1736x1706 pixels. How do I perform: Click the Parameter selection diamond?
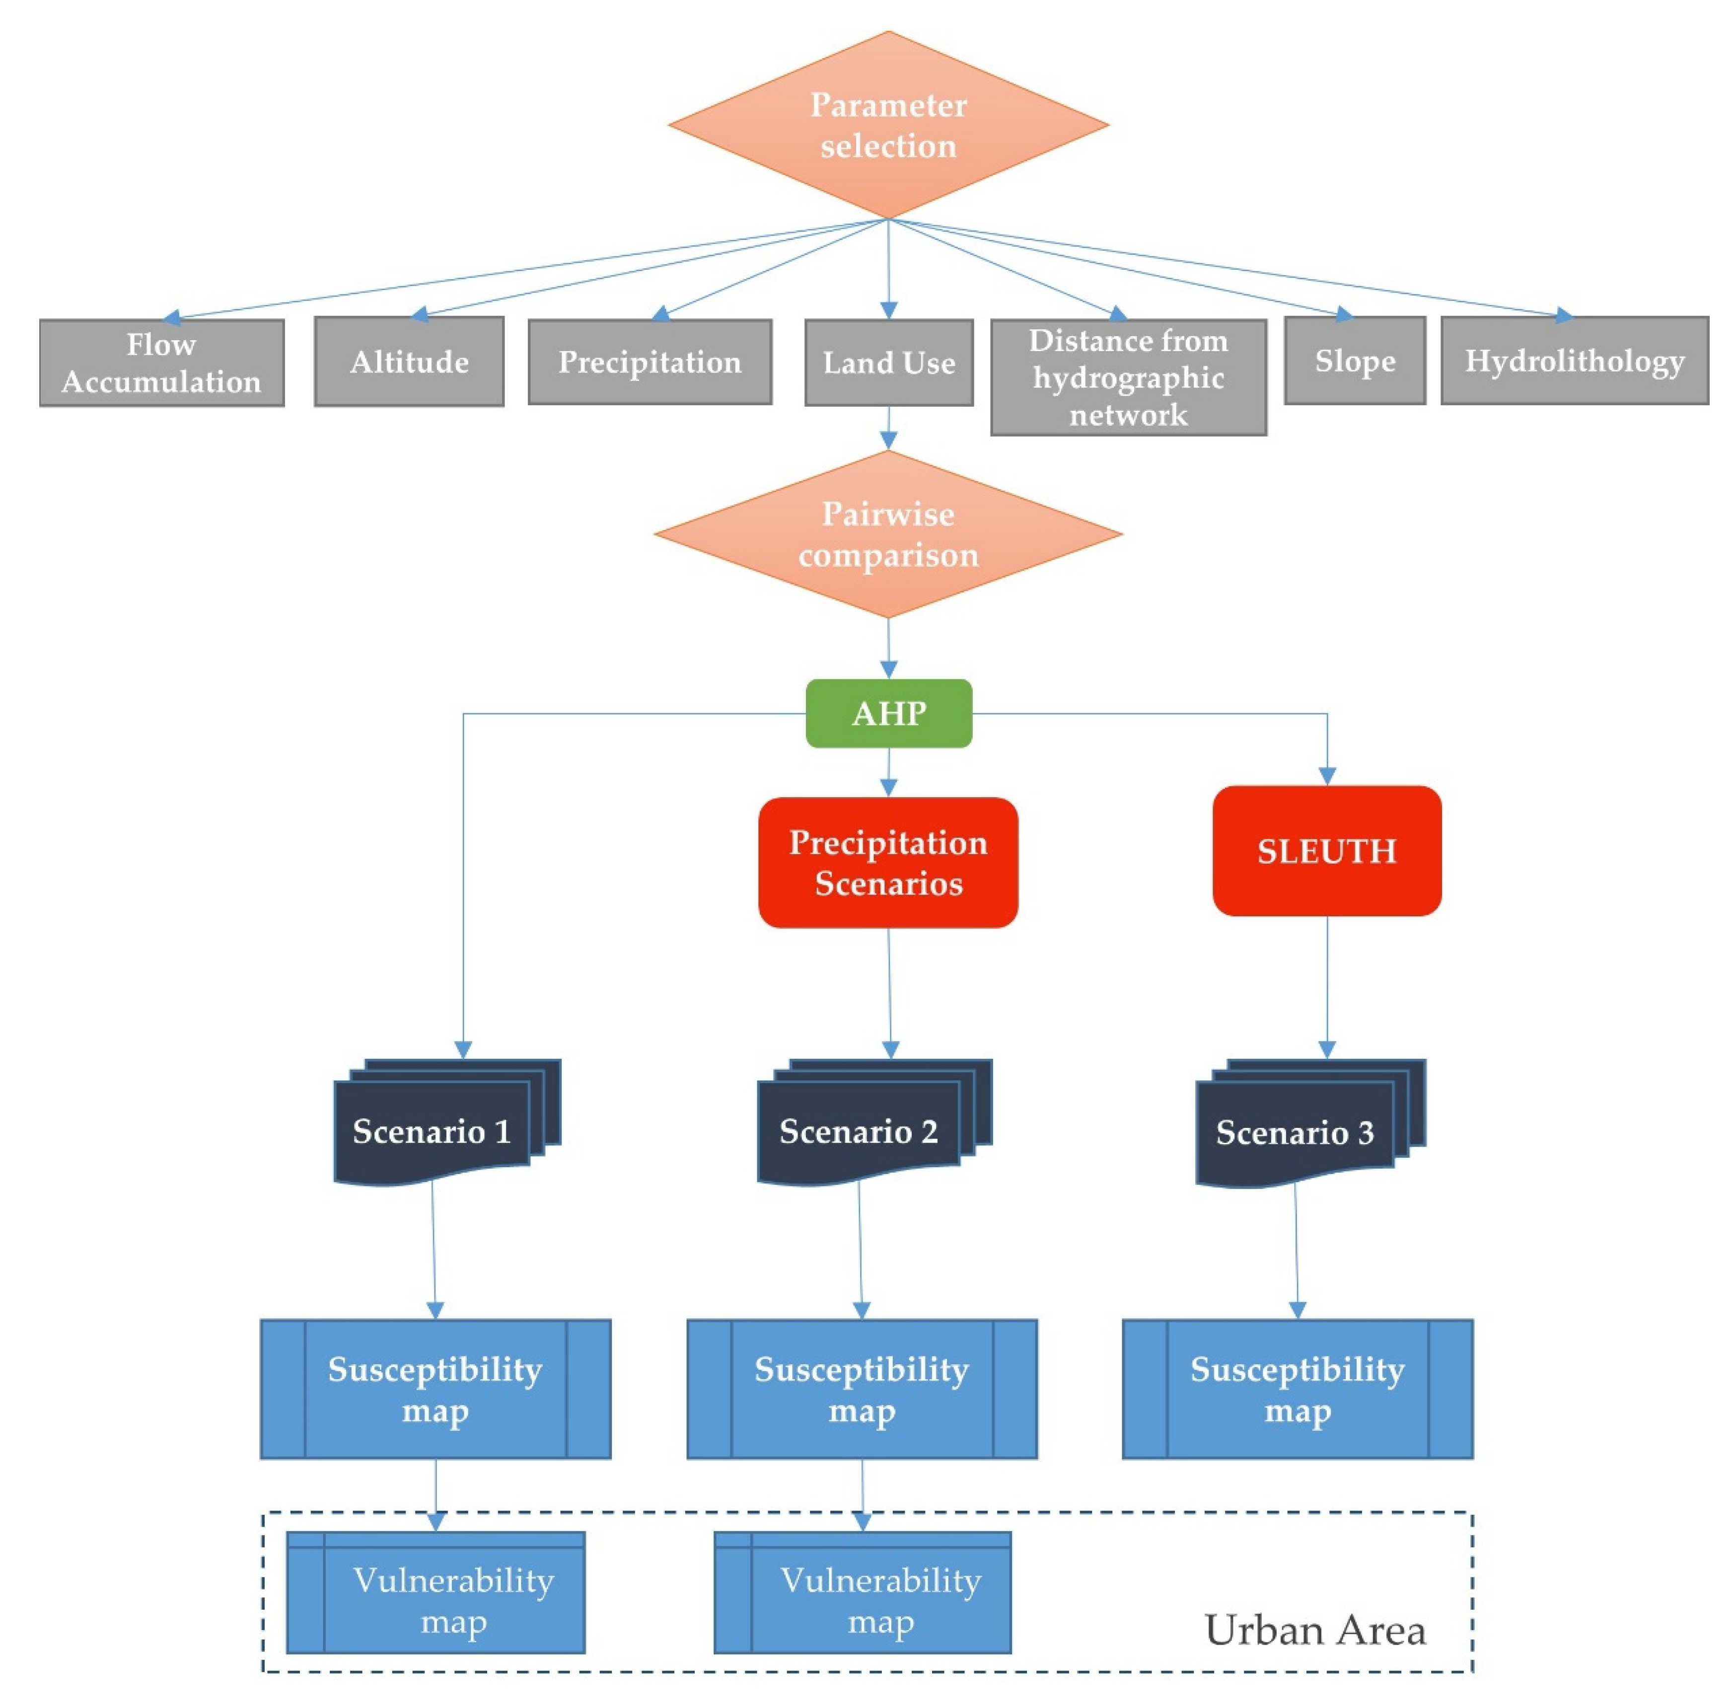888,126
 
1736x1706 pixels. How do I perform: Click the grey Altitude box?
409,362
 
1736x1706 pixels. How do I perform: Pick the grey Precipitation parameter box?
650,362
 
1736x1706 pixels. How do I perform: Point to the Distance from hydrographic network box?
1128,377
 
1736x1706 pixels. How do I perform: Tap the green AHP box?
888,713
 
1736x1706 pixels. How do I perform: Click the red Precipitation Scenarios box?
888,862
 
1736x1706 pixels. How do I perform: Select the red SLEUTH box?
1326,850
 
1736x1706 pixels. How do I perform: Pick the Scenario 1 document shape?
432,1131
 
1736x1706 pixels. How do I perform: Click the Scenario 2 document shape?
858,1131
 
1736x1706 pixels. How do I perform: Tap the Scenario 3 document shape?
1295,1132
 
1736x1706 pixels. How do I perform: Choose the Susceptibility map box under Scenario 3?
1296,1389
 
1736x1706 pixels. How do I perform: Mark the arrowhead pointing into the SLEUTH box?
1327,776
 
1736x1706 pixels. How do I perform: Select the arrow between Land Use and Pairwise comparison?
888,428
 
